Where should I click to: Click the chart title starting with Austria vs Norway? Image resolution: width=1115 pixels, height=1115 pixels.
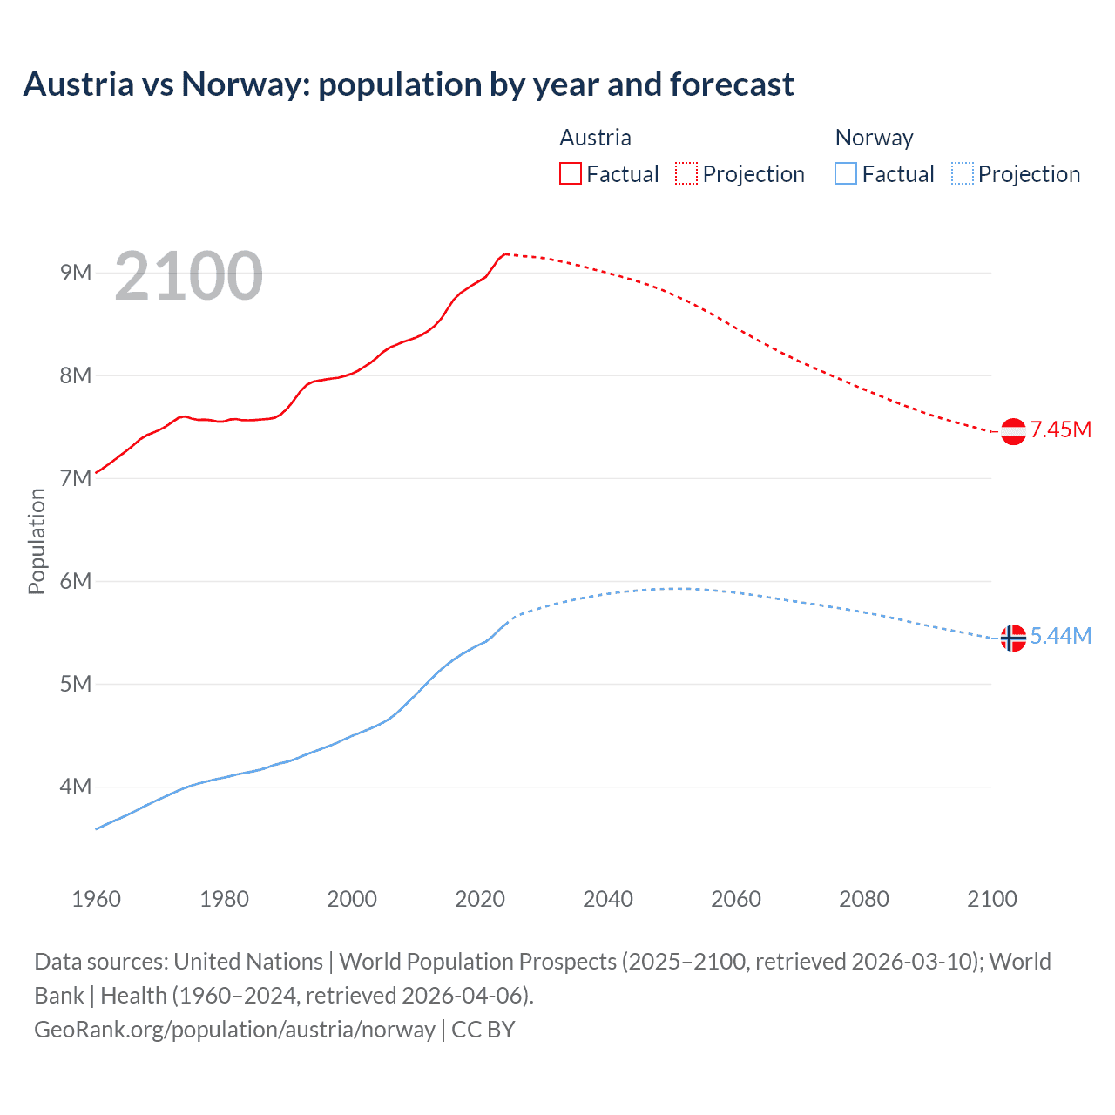tap(408, 84)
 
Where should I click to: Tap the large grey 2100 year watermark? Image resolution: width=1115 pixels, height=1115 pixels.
tap(188, 276)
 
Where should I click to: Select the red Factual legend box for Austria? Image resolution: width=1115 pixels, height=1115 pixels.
tap(570, 173)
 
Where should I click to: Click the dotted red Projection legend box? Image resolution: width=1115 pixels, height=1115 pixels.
tap(686, 173)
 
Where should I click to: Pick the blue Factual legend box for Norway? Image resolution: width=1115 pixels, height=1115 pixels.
tap(845, 173)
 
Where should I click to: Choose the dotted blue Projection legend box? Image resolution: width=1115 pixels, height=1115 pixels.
tap(962, 173)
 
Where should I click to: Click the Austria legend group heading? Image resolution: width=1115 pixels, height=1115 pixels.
tap(595, 138)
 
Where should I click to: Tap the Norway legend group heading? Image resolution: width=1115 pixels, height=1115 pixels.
tap(874, 138)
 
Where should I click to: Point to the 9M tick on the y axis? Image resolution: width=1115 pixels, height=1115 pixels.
tap(76, 273)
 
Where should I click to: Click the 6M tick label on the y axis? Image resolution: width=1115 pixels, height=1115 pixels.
tap(76, 581)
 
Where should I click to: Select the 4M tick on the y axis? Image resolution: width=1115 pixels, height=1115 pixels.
tap(76, 787)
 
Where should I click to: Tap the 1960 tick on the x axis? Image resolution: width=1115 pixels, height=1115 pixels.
tap(96, 899)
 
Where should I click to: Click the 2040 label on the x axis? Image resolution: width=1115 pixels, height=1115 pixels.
tap(608, 899)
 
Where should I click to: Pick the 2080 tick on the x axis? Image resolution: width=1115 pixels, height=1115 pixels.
tap(864, 899)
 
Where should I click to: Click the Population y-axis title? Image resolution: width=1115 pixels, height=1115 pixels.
tap(37, 541)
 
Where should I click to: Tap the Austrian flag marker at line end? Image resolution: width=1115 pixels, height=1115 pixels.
tap(1013, 431)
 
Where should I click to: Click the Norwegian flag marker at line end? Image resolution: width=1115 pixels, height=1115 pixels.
tap(1013, 638)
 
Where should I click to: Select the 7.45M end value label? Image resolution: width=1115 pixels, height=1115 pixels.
tap(1060, 429)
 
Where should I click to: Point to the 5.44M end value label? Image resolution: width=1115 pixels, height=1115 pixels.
tap(1060, 636)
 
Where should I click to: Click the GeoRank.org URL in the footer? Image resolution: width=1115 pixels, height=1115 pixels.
tap(234, 1029)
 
